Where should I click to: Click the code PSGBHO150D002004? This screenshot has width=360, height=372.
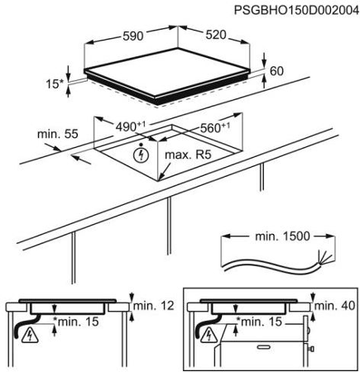297,11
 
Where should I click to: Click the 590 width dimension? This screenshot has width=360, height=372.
133,36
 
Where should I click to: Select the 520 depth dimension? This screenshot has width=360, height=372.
216,35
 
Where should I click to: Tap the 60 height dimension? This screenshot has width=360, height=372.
276,71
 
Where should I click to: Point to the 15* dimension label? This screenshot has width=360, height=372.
55,84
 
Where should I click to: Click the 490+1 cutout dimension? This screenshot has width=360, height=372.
130,126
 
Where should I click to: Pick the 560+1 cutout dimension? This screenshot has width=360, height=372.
214,127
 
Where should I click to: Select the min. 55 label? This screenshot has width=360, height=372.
58,134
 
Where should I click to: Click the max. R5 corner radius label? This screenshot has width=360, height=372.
188,155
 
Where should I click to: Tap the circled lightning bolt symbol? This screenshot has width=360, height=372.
141,155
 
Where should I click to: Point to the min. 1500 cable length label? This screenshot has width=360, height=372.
282,236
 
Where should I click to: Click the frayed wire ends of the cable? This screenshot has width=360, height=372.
324,258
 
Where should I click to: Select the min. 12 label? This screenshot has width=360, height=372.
154,305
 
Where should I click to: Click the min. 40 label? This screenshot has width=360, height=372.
334,305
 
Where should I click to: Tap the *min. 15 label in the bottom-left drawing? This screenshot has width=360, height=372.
76,322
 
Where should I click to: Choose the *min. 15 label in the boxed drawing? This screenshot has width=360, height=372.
259,322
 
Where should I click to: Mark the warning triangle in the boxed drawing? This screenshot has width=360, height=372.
209,336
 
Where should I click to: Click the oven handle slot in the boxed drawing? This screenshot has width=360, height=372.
265,346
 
